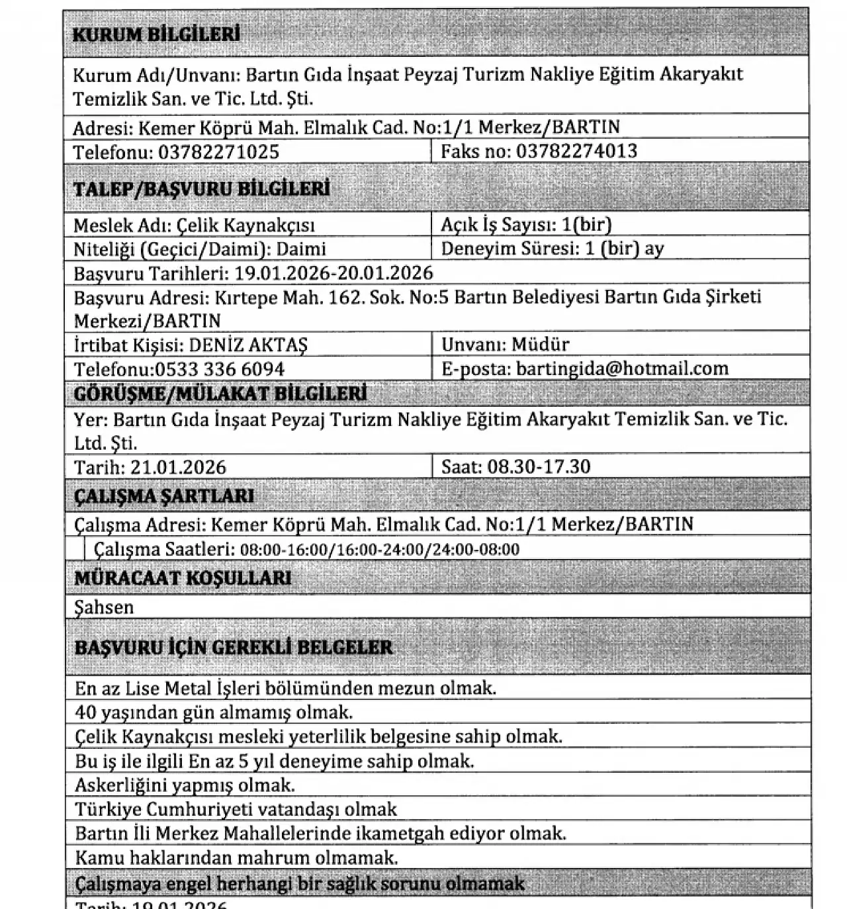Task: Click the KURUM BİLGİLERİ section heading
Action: click(156, 34)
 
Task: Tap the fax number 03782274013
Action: click(576, 151)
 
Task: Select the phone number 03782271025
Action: click(218, 152)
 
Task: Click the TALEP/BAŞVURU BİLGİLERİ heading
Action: click(201, 189)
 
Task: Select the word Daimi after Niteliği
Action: click(301, 249)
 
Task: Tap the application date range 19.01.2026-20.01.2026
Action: click(334, 273)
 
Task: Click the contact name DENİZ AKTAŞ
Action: click(248, 345)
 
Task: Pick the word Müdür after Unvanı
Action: click(541, 345)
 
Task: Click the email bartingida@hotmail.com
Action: click(622, 368)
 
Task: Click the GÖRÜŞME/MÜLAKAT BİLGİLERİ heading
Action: click(220, 394)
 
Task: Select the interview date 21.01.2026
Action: click(178, 467)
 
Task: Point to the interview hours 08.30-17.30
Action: click(539, 467)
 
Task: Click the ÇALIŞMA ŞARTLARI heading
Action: click(164, 496)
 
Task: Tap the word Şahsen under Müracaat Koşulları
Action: click(104, 607)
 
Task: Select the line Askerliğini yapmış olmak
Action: click(185, 785)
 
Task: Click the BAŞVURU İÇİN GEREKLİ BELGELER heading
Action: click(234, 647)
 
